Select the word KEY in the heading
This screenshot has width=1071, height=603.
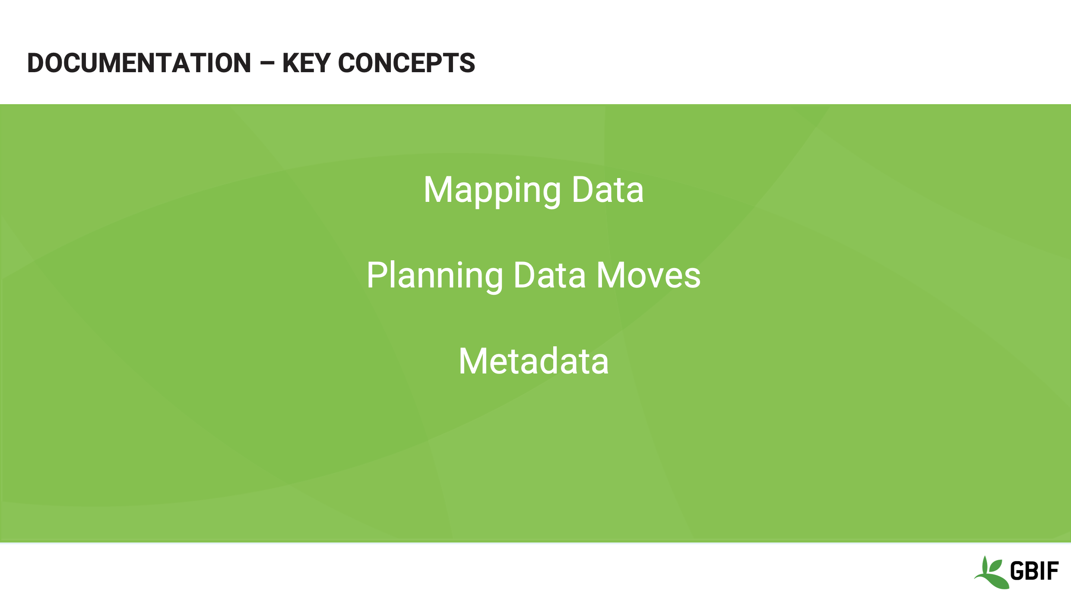tap(306, 63)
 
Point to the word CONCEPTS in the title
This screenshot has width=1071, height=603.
tap(406, 63)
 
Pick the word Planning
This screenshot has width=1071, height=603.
tap(434, 276)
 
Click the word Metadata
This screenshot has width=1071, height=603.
tap(534, 361)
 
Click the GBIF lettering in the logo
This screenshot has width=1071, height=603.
tap(1034, 571)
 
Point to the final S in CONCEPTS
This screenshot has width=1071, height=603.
tap(467, 63)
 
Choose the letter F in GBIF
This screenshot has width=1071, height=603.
tap(1053, 571)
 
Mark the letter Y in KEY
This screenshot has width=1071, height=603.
tap(322, 63)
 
